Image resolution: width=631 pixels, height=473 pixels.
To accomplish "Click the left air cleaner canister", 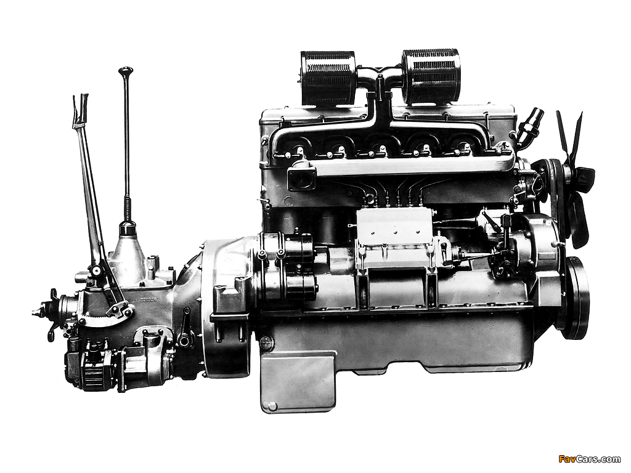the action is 328,78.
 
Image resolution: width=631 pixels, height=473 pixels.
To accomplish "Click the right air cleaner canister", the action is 431,77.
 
